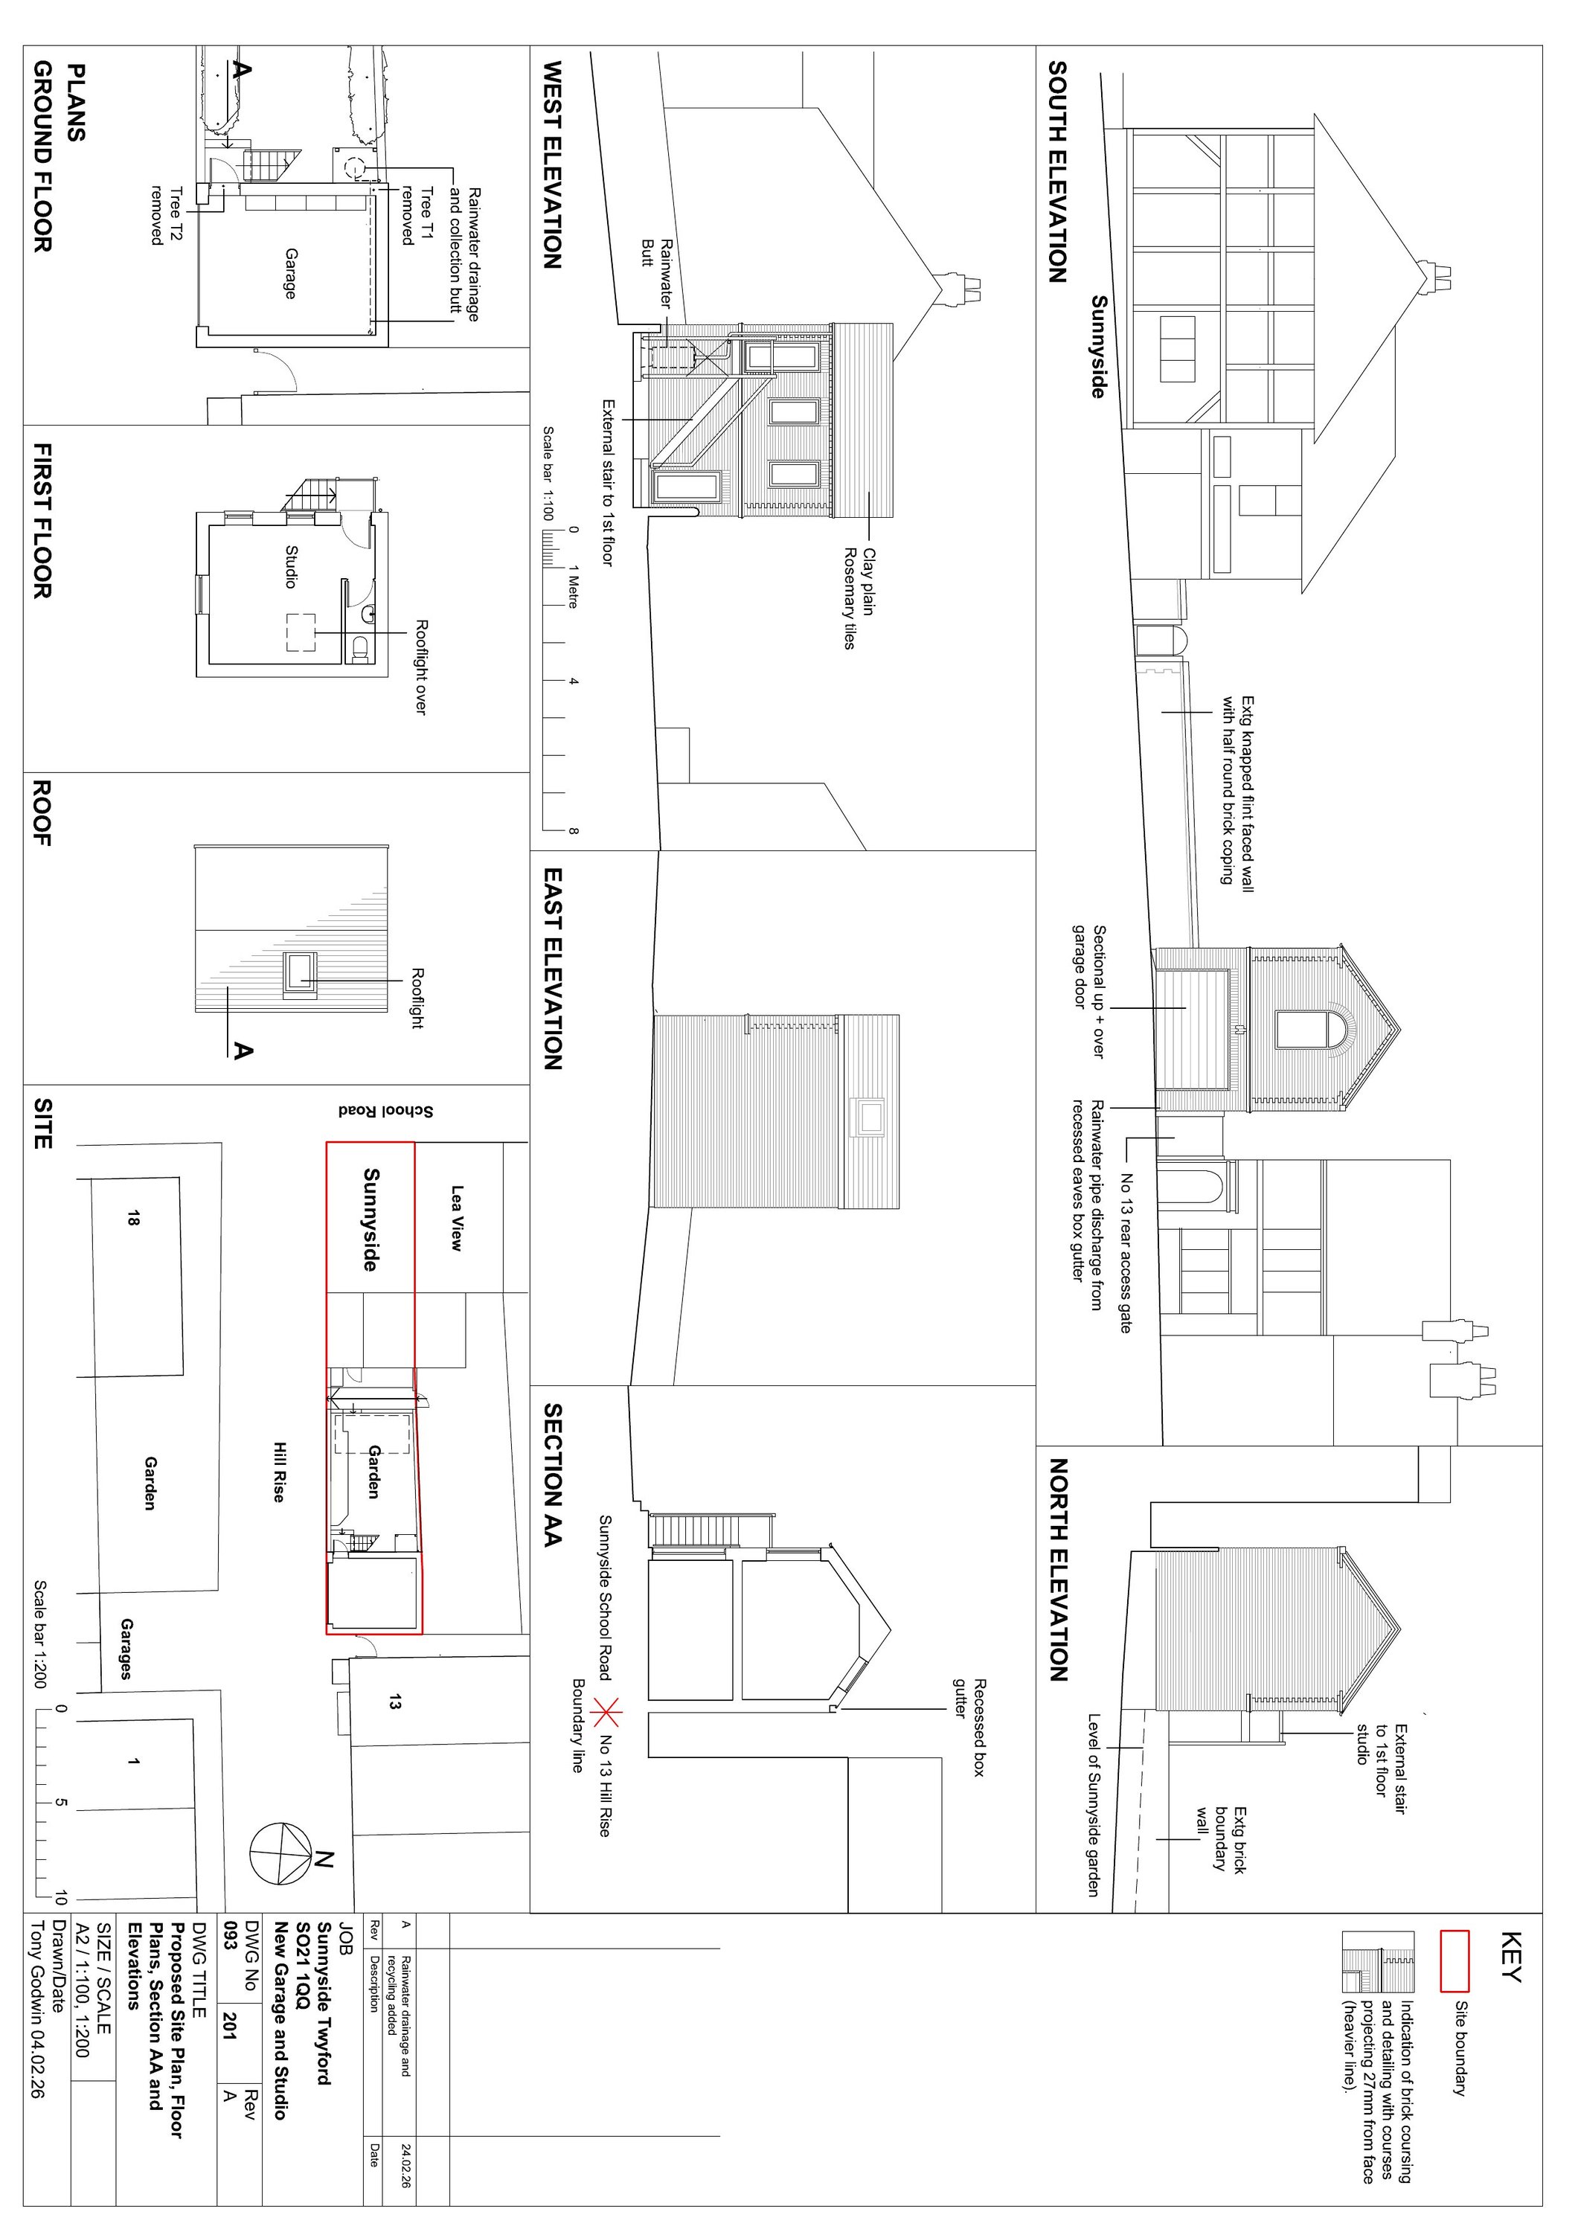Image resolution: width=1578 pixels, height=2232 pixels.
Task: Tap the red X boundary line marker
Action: [609, 1712]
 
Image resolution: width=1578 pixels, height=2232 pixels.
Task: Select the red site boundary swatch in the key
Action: [1454, 1962]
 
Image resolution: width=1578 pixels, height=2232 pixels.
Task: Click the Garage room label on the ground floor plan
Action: [289, 273]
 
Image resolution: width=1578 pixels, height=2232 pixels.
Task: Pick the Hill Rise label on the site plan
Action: [278, 1472]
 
